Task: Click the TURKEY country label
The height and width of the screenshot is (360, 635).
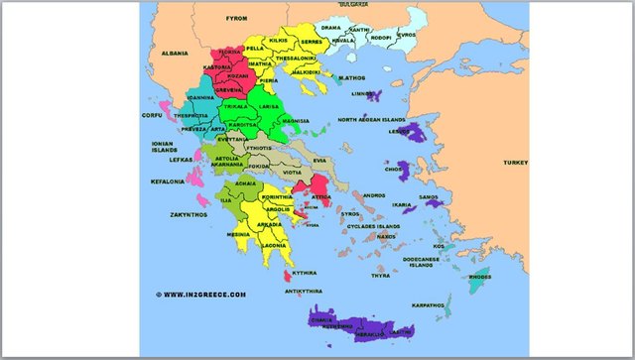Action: [515, 162]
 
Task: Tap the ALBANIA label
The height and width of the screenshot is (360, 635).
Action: [175, 52]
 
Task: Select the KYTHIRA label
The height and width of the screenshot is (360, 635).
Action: [304, 272]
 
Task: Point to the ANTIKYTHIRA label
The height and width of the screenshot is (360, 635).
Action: [304, 292]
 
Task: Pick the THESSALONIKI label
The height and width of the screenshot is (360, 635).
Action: [296, 58]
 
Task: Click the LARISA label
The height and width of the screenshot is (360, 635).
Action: [266, 104]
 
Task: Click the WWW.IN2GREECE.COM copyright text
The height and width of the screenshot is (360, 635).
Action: [200, 294]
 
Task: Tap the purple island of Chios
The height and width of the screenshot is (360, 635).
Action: [404, 171]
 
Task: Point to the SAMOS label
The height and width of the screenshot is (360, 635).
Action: [429, 197]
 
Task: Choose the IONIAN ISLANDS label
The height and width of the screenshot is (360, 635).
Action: [163, 146]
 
